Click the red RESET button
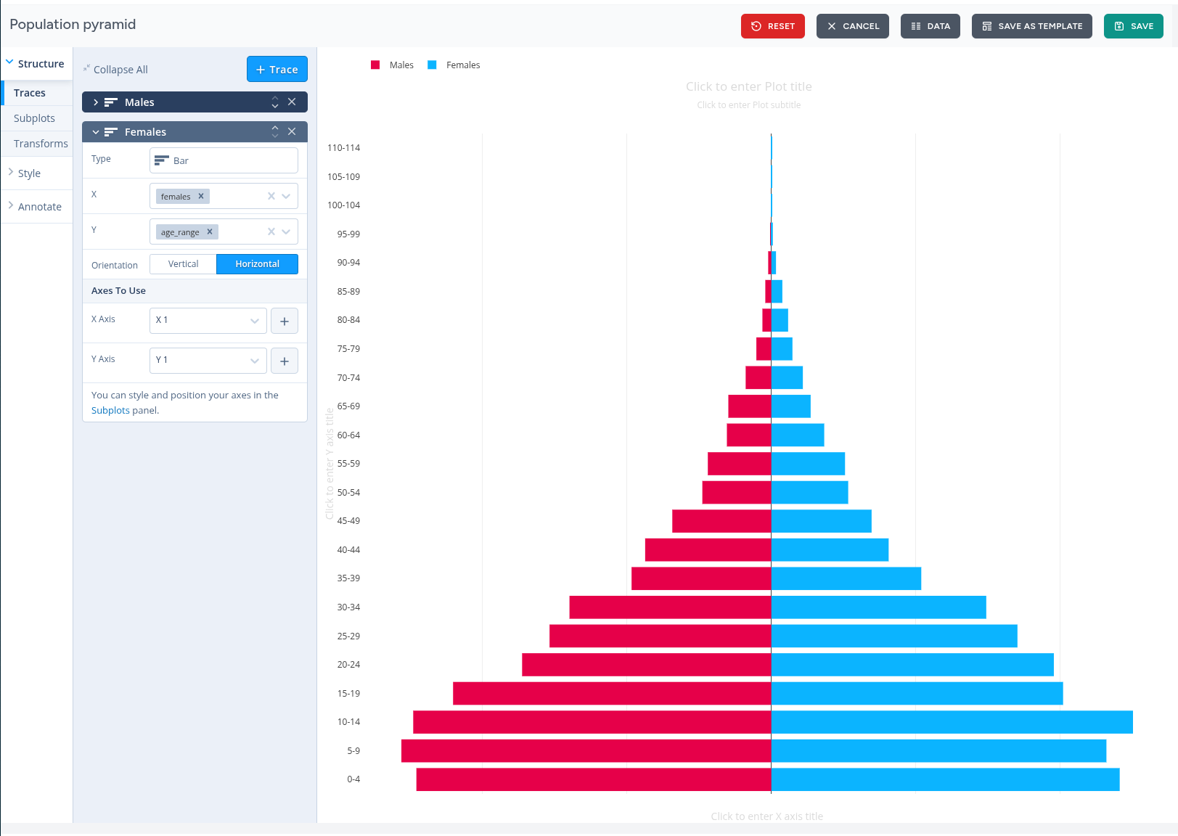(772, 26)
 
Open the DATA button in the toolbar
(930, 26)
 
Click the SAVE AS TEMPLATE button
(1031, 26)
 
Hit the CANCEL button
(852, 26)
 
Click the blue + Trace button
(277, 70)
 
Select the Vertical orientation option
(183, 264)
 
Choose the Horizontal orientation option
(257, 264)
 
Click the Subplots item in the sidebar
(34, 118)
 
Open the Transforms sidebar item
(41, 144)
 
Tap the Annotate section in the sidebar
(39, 207)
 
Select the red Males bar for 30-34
(669, 607)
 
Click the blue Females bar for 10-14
(951, 722)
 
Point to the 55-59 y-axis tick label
(348, 464)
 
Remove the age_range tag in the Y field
(210, 232)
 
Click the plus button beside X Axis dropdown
(285, 321)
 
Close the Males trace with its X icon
(292, 102)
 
